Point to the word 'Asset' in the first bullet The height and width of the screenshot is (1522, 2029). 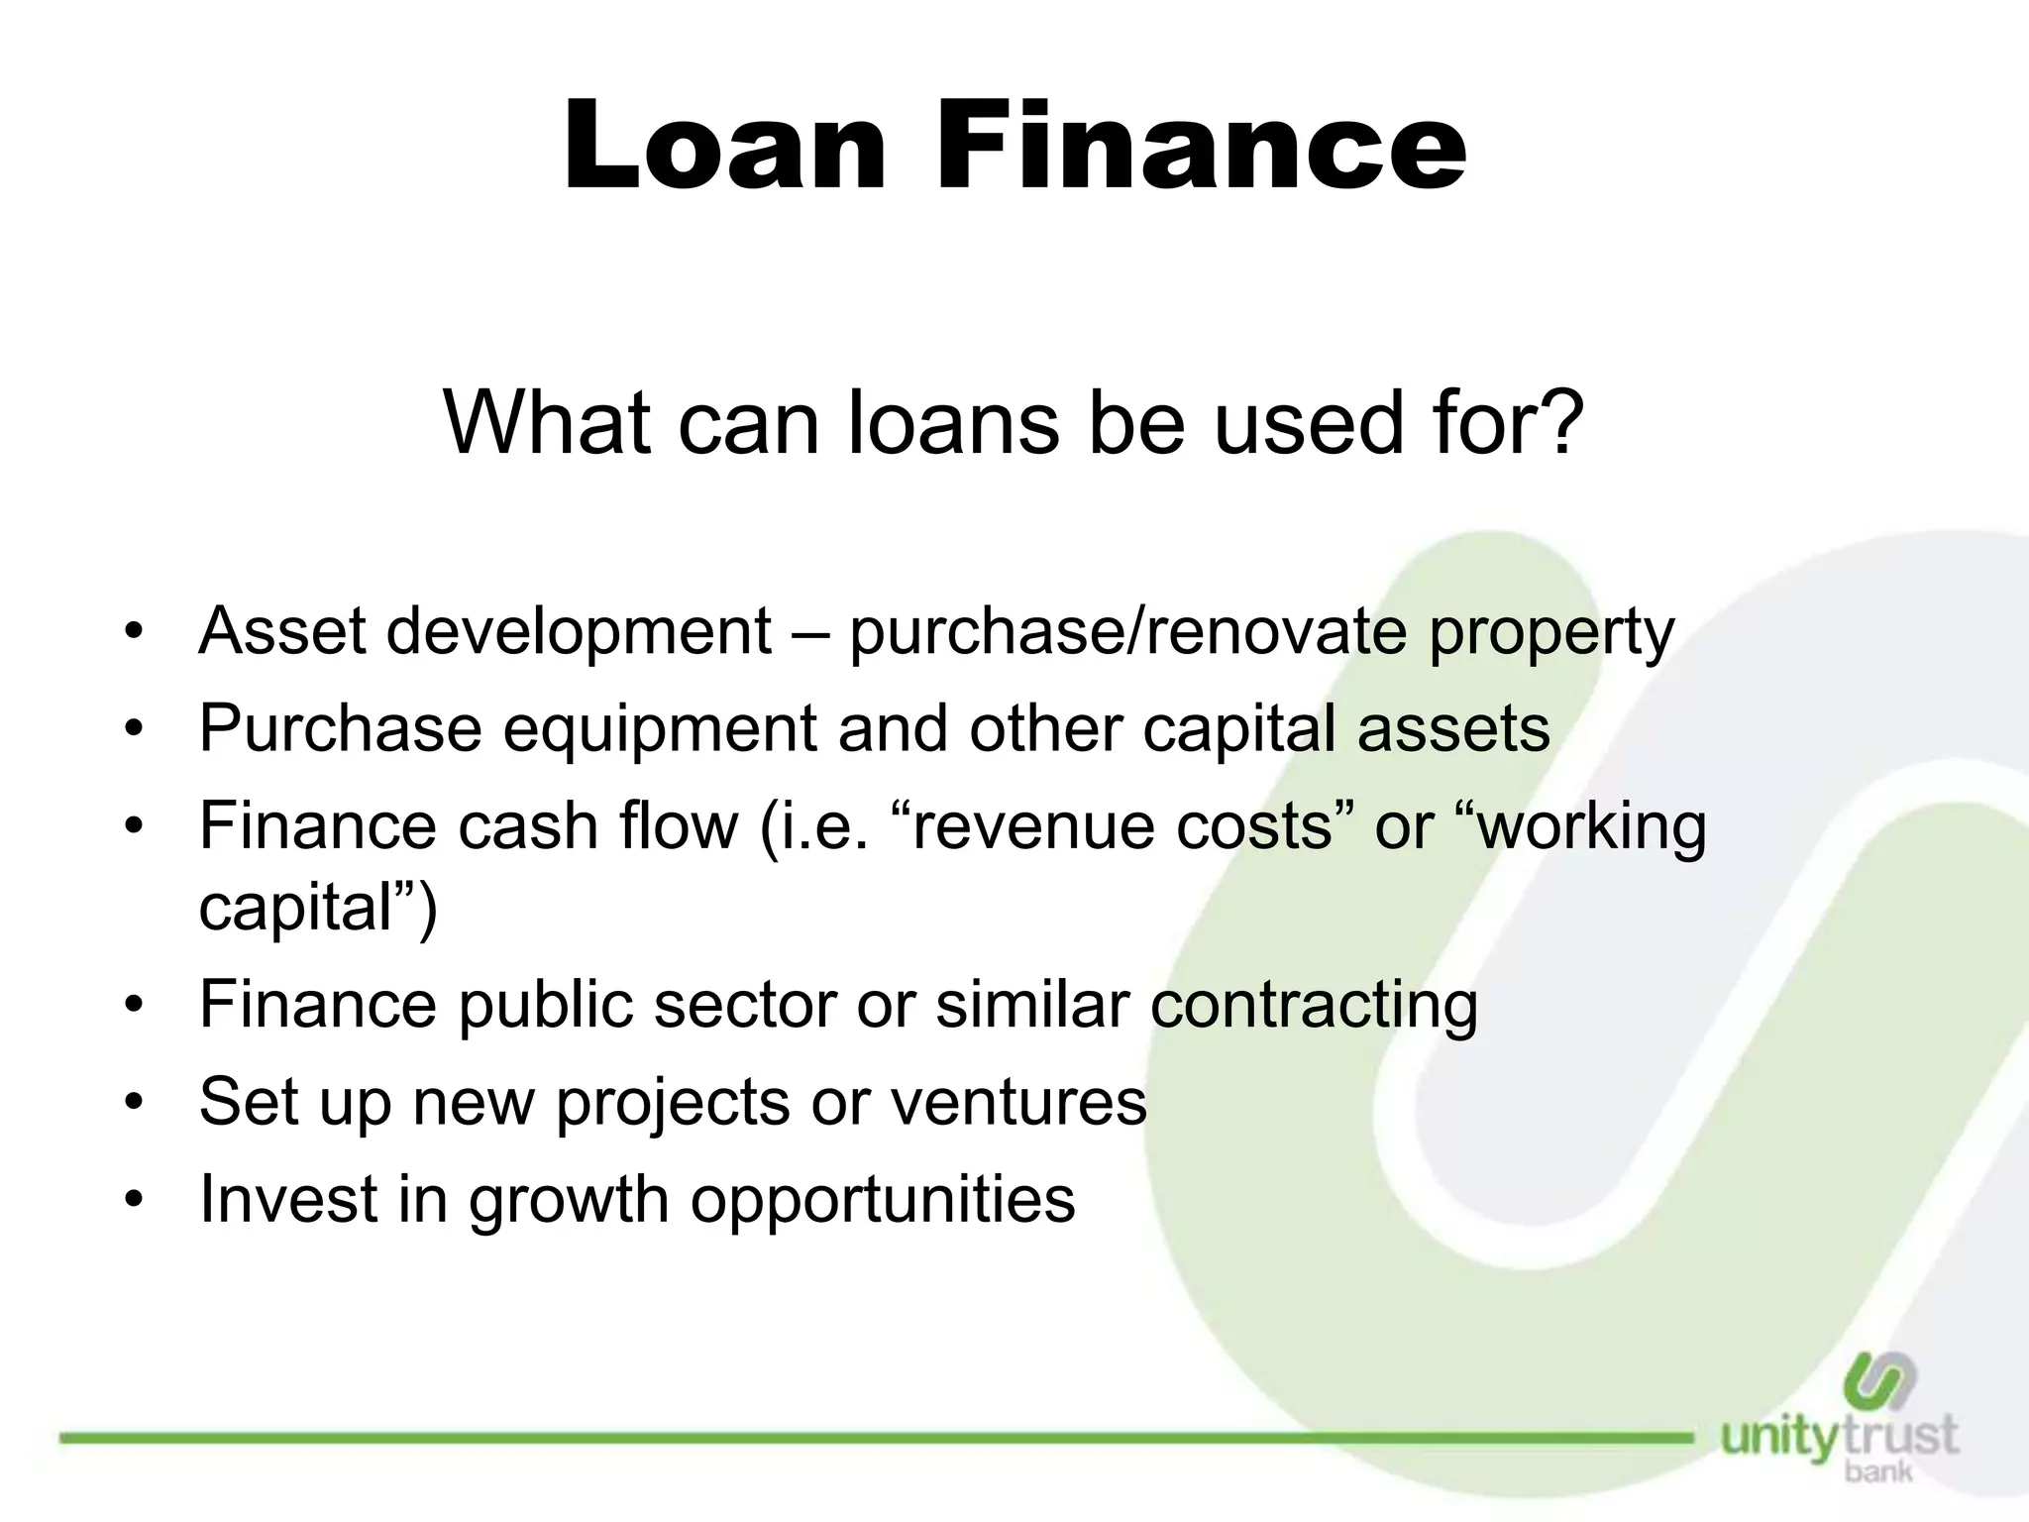click(283, 630)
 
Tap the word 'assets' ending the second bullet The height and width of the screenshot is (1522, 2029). click(1452, 729)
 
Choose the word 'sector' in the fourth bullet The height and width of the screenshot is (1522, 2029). click(744, 1004)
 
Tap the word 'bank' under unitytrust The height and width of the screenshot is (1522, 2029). click(1878, 1472)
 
